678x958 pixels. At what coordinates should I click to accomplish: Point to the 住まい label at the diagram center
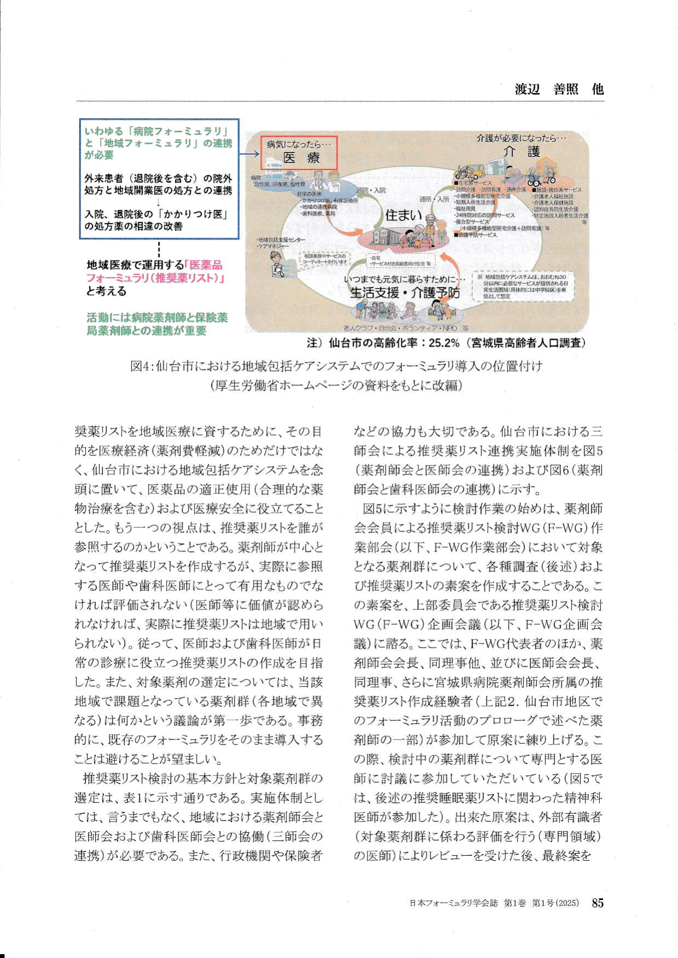pos(404,215)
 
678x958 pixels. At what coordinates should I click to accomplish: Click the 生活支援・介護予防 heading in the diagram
pos(404,292)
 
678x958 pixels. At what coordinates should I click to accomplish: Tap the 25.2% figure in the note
pos(444,343)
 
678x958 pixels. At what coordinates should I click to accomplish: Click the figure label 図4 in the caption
pos(140,366)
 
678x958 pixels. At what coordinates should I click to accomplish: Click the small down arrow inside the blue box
pos(158,202)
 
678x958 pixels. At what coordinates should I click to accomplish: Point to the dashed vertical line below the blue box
pos(158,249)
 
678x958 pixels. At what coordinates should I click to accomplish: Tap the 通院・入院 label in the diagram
pos(371,190)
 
